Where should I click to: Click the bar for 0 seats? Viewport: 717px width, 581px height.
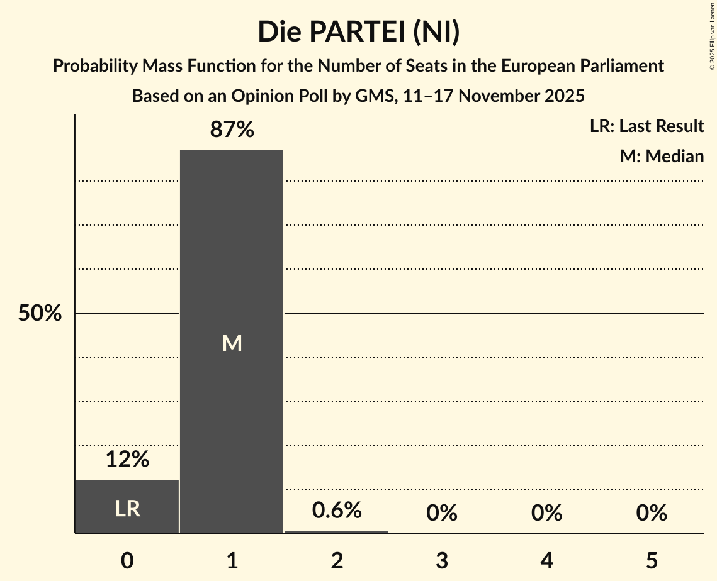(x=127, y=506)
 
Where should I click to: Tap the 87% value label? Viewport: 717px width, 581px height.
(x=232, y=130)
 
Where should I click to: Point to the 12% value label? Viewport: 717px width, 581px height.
(x=127, y=460)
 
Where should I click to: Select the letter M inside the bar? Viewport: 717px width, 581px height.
(x=232, y=343)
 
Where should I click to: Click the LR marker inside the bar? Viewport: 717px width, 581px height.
(x=127, y=509)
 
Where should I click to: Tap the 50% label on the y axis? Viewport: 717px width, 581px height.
(x=40, y=313)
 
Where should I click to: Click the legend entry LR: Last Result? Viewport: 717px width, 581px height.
(x=646, y=126)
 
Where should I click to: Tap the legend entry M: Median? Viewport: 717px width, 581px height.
(x=662, y=156)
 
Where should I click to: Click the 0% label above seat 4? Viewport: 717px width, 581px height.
(x=546, y=514)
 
